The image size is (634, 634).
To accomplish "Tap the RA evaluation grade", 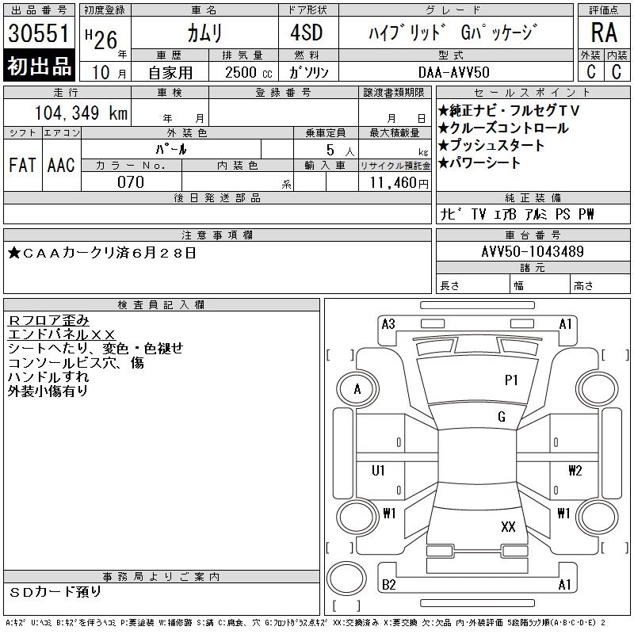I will (x=603, y=34).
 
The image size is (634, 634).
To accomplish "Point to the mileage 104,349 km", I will (x=81, y=113).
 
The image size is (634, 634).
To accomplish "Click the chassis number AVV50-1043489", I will (x=533, y=252).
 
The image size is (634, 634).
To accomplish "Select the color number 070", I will (x=131, y=181).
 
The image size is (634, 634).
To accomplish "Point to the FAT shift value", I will (x=22, y=165).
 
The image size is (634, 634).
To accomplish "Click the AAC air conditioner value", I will (x=61, y=165).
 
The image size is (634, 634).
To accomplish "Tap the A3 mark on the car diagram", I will (x=388, y=324).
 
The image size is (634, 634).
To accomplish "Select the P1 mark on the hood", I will (x=511, y=380).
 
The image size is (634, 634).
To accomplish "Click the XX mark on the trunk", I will (x=508, y=526).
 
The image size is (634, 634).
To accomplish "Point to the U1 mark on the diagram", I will (x=379, y=471).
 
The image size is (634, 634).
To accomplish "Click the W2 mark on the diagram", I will (x=575, y=471).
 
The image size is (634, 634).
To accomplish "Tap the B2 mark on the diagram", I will (x=388, y=585).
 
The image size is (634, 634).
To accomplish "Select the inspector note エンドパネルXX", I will (x=62, y=334).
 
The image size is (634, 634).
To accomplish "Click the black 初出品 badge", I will (x=39, y=67).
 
